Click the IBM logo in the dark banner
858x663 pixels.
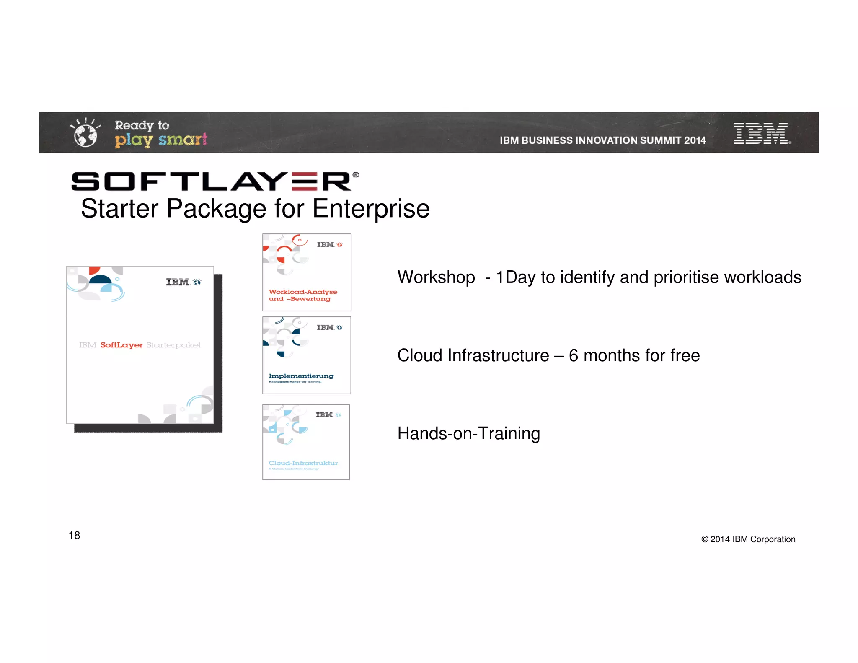761,133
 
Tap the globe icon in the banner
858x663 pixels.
85,134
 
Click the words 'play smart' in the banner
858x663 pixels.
161,140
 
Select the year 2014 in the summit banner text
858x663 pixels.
695,140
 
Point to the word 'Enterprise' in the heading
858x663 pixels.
371,208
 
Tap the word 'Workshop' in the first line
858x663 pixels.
436,277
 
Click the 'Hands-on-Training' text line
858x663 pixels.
468,433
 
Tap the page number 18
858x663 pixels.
74,535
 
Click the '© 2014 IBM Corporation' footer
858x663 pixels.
748,539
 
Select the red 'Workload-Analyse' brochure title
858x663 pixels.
303,292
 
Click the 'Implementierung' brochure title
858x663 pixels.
301,376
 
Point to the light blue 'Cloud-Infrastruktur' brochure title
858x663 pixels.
303,463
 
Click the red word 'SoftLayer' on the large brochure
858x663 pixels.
121,345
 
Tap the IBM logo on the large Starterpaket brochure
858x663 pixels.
178,282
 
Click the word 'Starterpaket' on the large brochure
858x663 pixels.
173,345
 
